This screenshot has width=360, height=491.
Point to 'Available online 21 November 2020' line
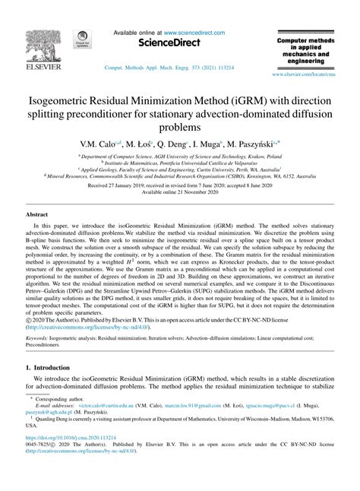tap(179, 193)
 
